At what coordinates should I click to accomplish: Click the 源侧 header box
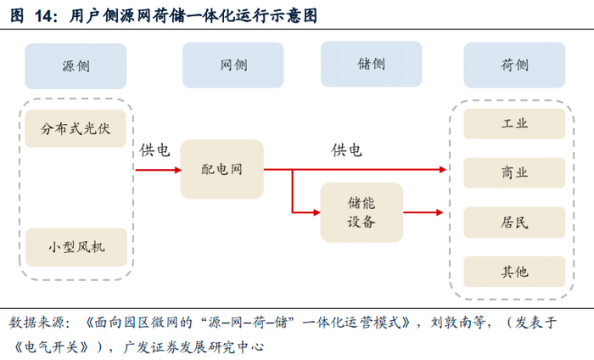tap(76, 66)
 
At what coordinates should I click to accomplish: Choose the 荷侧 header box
tap(514, 65)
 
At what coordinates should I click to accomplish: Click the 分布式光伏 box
tap(76, 129)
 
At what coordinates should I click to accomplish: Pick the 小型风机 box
tap(76, 248)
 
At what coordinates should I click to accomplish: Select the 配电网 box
tap(221, 170)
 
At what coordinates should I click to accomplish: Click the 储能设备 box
tap(361, 212)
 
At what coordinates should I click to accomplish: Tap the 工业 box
tap(514, 124)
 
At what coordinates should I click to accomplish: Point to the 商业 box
tap(514, 172)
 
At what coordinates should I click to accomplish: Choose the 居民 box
tap(514, 222)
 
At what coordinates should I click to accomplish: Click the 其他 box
tap(514, 272)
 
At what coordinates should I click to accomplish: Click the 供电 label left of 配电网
tap(154, 150)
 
